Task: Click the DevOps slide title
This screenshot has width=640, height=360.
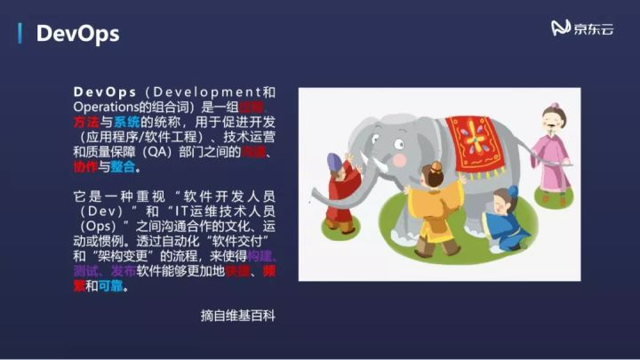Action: coord(77,34)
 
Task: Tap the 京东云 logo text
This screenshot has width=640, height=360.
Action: coord(594,28)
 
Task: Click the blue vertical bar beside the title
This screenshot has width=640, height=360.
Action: coord(20,34)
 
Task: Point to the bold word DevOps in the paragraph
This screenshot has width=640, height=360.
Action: coord(105,92)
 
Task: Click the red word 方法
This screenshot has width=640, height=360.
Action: coord(85,122)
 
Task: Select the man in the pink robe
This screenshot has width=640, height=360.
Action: coord(552,151)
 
